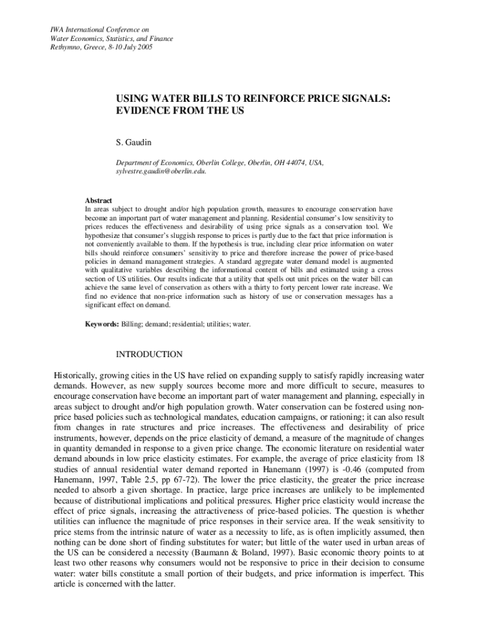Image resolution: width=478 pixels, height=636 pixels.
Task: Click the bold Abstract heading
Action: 98,201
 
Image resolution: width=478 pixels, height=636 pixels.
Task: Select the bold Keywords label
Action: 102,324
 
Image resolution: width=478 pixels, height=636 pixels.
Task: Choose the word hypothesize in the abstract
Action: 105,237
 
